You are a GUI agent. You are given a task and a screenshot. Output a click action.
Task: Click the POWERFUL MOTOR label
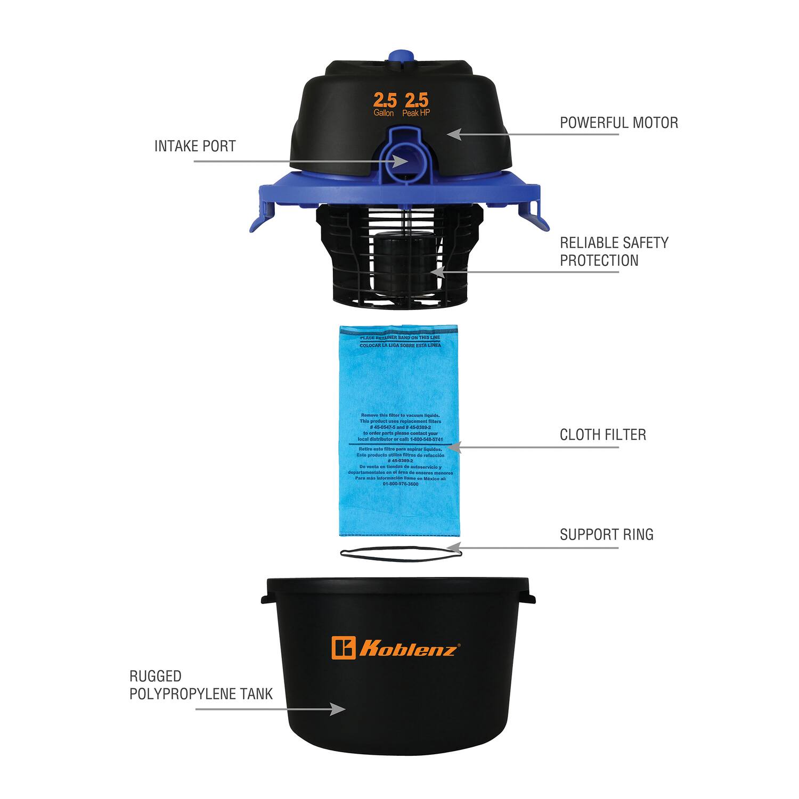point(618,123)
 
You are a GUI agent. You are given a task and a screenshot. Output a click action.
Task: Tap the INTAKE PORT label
point(195,146)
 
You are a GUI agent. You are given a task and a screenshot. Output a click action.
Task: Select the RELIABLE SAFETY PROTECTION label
point(614,251)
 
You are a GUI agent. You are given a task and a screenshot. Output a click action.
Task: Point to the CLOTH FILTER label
point(602,435)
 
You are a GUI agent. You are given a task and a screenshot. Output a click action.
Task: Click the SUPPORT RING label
point(606,534)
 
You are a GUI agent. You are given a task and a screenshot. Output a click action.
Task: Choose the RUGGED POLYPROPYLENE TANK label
point(201,685)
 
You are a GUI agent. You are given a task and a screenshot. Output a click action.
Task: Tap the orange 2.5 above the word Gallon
point(385,100)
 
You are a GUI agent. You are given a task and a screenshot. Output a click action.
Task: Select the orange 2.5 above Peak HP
point(416,100)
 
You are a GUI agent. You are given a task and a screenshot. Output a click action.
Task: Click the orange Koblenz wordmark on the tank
point(407,649)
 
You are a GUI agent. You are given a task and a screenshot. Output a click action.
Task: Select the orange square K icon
point(343,648)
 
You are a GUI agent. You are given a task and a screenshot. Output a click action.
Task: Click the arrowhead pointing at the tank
point(338,709)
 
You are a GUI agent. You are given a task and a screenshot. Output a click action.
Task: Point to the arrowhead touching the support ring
point(454,547)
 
